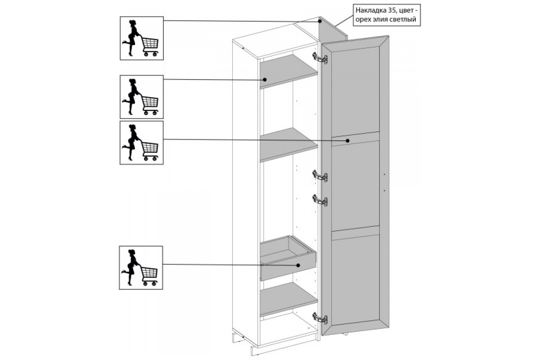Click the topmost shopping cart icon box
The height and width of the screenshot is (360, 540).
(142, 38)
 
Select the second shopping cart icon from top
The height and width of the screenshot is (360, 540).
(142, 97)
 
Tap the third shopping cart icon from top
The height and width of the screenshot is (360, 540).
(141, 143)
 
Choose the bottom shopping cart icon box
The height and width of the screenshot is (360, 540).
(141, 268)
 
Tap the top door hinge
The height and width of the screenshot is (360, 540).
(320, 58)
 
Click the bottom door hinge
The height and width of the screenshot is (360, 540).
(320, 318)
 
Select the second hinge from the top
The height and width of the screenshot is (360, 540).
(320, 176)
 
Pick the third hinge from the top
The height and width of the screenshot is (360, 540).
(320, 200)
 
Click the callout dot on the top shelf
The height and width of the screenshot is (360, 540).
(265, 80)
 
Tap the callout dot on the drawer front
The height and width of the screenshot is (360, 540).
(298, 265)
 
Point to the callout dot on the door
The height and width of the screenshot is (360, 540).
(347, 140)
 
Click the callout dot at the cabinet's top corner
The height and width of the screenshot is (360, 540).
(320, 21)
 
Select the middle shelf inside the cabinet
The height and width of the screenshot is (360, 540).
(289, 145)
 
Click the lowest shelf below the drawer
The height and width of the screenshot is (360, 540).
(289, 299)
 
